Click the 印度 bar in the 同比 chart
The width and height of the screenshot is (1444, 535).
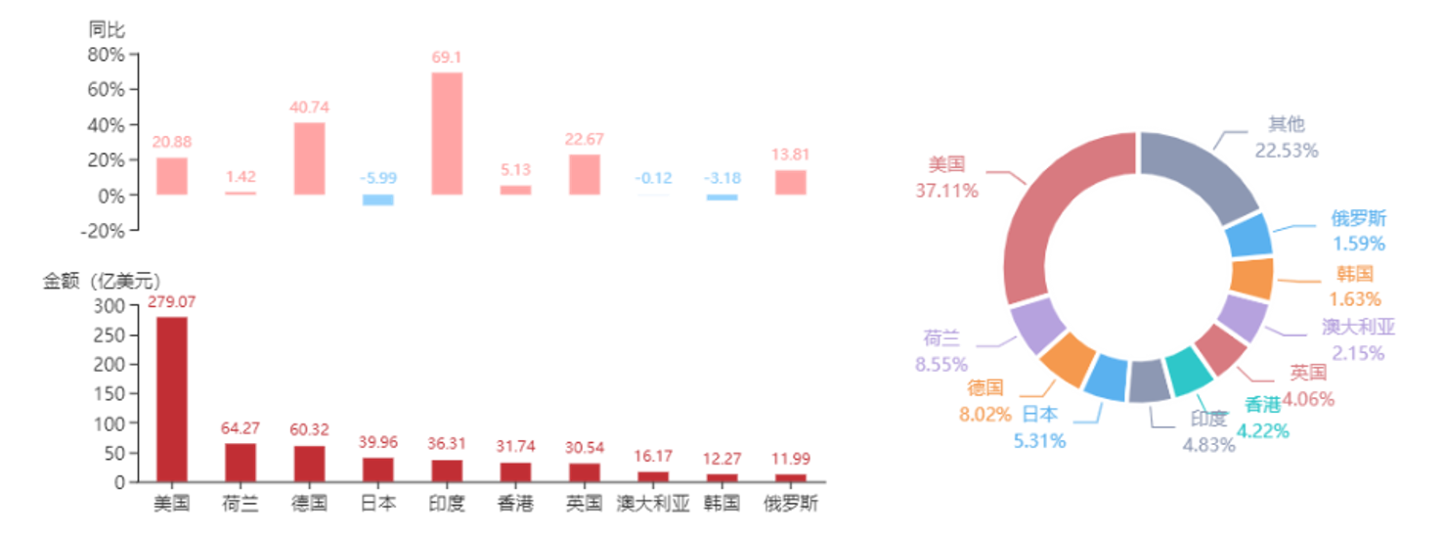(x=447, y=133)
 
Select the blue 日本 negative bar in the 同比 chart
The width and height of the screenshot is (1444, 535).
(x=377, y=201)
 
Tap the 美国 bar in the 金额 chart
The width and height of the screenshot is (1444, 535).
(x=171, y=397)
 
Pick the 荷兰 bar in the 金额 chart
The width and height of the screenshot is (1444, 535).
(x=241, y=462)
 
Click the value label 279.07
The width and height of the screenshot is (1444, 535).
(x=171, y=302)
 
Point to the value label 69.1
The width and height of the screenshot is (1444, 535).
(x=446, y=58)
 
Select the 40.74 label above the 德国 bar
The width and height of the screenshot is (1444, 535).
(x=309, y=108)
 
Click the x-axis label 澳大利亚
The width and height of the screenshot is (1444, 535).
(x=653, y=505)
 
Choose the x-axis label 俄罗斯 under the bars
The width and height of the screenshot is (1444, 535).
(x=791, y=505)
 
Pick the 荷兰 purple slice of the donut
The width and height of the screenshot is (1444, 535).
(x=1037, y=325)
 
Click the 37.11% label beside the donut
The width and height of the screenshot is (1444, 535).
(x=946, y=192)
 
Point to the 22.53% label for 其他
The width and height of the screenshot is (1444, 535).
(x=1287, y=150)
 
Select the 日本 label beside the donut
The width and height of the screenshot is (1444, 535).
(x=1040, y=415)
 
